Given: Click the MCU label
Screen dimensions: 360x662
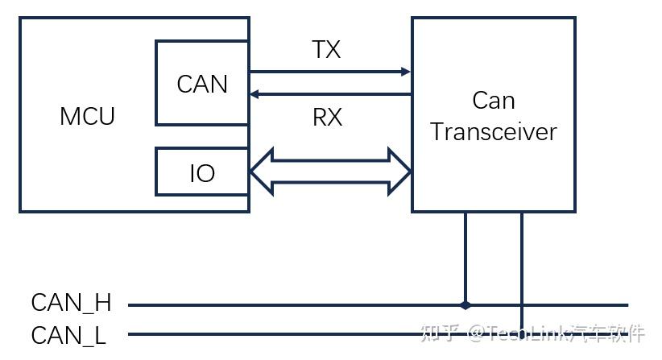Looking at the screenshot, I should coord(87,116).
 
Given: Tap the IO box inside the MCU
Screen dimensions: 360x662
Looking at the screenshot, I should coord(202,172).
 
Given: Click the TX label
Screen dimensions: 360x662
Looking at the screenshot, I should coord(326,50).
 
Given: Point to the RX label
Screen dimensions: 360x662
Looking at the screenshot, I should coord(327,118).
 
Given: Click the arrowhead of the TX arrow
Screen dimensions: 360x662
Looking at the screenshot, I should coord(406,72).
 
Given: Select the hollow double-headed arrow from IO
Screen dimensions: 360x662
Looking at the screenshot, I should coord(330,172).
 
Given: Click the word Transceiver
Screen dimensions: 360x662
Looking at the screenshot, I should coord(493,132).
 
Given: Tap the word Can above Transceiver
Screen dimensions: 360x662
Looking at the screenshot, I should coord(493,101).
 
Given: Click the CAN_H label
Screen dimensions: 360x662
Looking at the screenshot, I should coord(71,304).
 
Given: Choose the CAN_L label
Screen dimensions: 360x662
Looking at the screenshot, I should coord(68,335).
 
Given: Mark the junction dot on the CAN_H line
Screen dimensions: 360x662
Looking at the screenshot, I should coord(465,305).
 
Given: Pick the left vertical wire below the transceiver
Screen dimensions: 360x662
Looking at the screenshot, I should coord(465,258).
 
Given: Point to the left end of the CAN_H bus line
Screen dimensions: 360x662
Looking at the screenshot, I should coord(130,305).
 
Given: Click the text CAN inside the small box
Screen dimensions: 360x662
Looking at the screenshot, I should coord(202,84).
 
